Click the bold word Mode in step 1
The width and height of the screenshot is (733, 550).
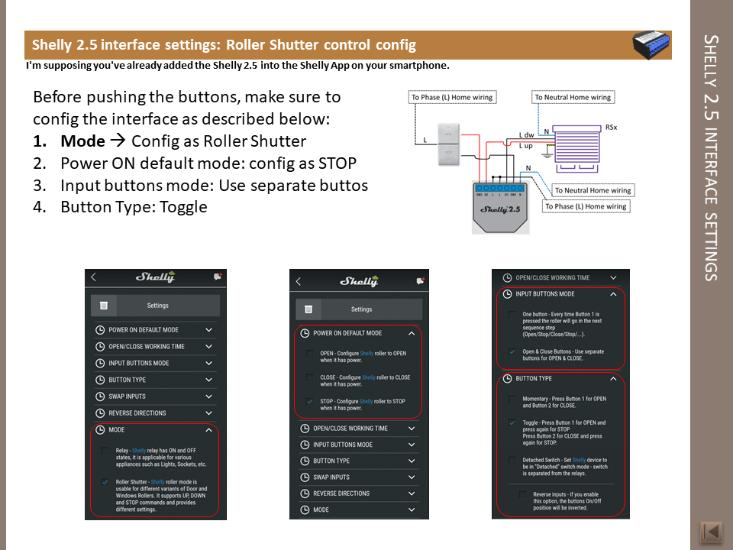[x=82, y=141]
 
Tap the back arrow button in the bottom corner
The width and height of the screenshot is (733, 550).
[x=711, y=532]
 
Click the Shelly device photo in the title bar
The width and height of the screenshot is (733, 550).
[x=652, y=45]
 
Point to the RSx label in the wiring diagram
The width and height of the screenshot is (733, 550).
[x=611, y=127]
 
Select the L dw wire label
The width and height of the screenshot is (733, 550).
[x=526, y=135]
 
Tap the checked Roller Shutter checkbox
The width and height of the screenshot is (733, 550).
[x=104, y=482]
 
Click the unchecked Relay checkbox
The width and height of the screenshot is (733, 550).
[x=104, y=451]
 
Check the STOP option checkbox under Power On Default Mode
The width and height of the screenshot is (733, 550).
[x=309, y=401]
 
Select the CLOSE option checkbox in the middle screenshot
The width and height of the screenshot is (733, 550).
[x=309, y=377]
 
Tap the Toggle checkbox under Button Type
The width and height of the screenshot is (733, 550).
[x=512, y=422]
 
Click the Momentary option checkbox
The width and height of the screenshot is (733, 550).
[x=512, y=399]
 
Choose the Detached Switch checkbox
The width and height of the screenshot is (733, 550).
[x=512, y=460]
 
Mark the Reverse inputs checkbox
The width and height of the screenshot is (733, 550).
[x=523, y=494]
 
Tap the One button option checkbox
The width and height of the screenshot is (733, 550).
[x=512, y=314]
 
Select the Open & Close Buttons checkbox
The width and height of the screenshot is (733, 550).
[x=512, y=351]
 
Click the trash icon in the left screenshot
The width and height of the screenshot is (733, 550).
[x=104, y=306]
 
